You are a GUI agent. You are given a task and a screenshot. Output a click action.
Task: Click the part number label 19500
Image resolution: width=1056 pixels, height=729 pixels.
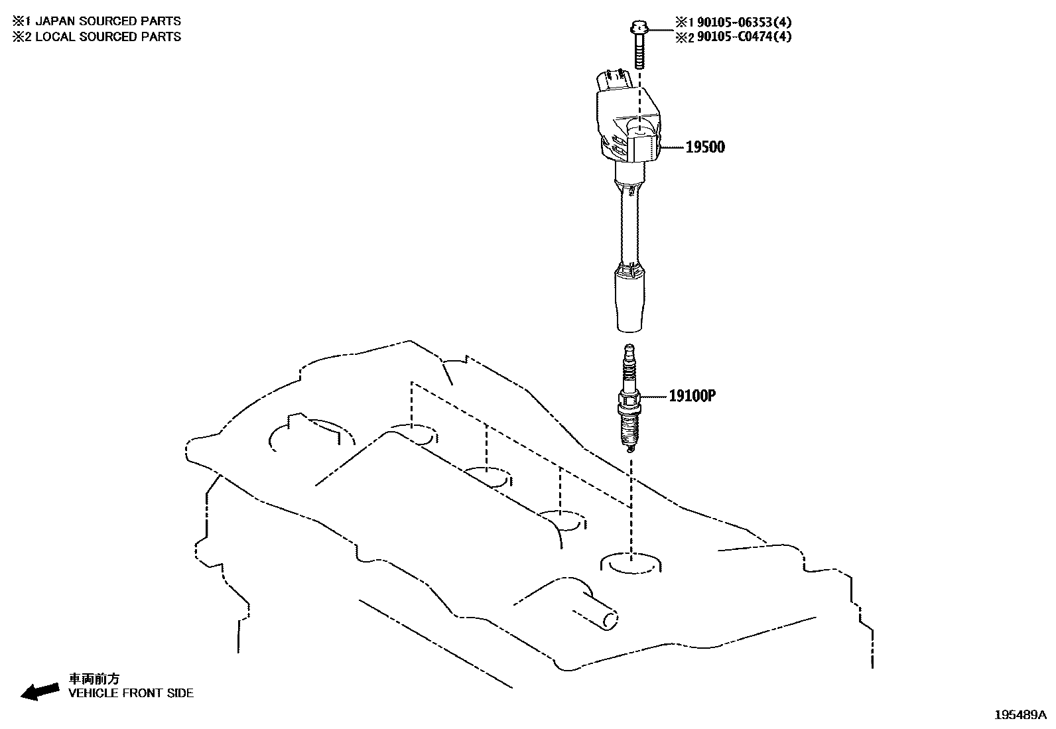(x=704, y=147)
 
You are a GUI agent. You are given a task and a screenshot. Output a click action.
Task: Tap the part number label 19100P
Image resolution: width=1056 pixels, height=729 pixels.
(x=692, y=396)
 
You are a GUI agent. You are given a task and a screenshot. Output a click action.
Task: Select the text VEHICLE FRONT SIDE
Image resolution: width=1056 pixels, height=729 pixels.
(x=131, y=693)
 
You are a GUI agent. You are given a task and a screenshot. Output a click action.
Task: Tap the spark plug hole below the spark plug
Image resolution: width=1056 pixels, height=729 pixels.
(x=631, y=563)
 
